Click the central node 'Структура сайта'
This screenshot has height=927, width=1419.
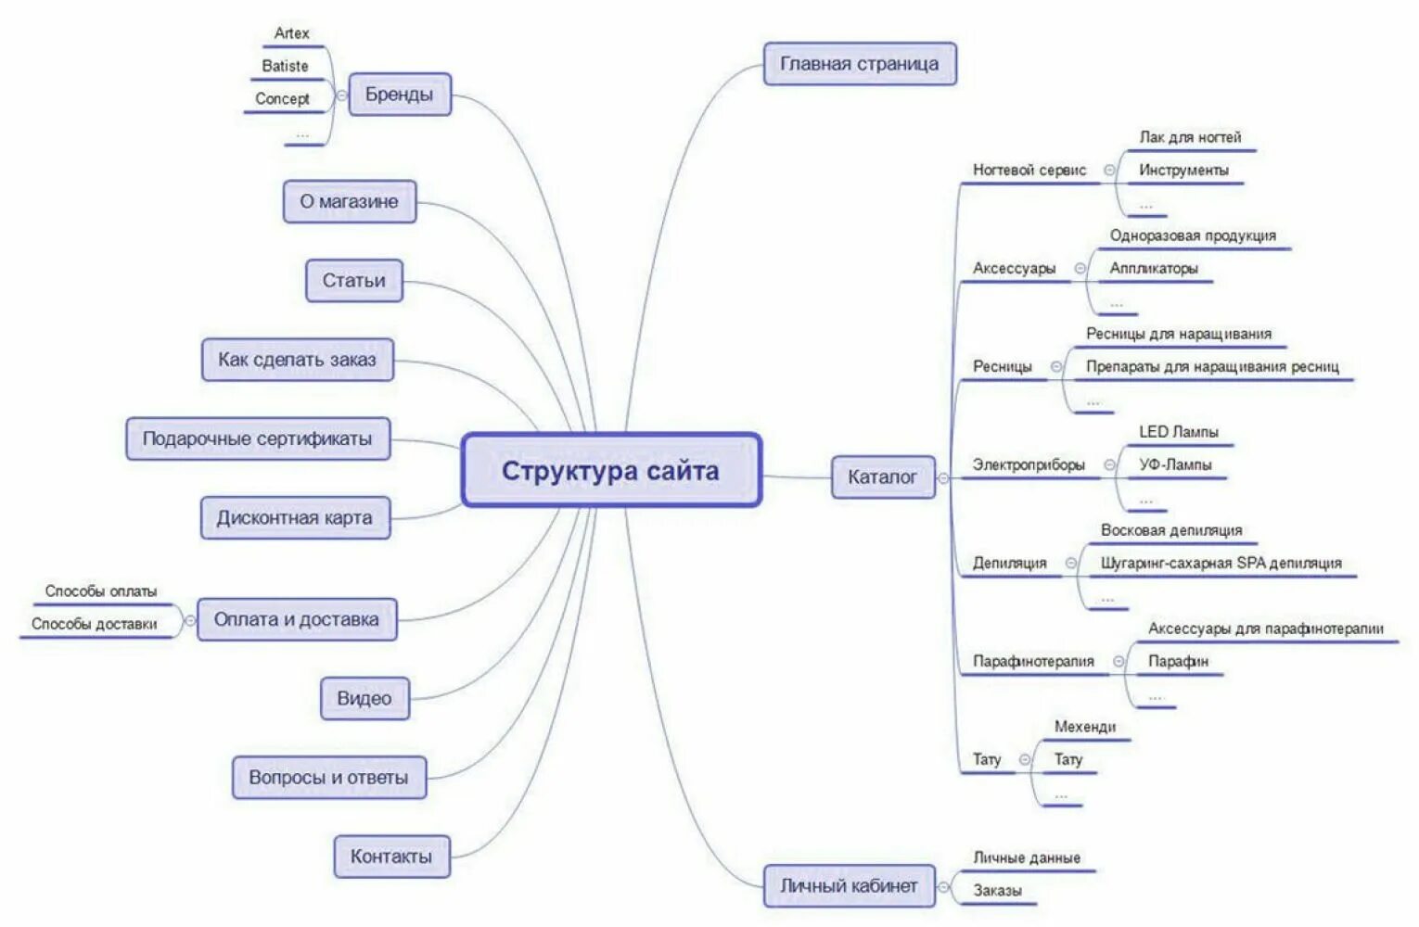pos(610,470)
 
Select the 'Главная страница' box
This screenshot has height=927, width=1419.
pos(859,64)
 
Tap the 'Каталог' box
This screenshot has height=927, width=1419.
pos(882,476)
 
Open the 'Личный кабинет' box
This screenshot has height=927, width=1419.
pos(848,885)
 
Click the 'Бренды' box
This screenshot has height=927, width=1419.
pos(399,95)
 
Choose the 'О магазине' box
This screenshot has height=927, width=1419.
pos(349,201)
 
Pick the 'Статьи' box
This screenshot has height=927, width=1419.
pos(353,280)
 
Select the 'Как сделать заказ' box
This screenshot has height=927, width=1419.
pos(297,360)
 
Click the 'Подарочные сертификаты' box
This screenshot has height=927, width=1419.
pos(257,438)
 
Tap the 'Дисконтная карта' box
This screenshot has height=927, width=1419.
pos(295,517)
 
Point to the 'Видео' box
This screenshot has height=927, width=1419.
pos(364,698)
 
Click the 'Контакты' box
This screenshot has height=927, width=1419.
pos(390,857)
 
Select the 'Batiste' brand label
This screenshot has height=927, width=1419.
pos(285,66)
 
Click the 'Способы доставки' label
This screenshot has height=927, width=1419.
pos(95,624)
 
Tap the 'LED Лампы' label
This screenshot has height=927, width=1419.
pos(1178,432)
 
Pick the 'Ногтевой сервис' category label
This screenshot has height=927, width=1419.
pos(1029,170)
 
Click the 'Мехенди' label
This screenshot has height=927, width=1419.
pos(1084,727)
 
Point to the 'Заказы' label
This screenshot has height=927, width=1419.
pos(997,891)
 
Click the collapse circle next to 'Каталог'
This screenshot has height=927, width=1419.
pos(943,478)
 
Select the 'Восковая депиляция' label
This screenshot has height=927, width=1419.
pos(1170,530)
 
